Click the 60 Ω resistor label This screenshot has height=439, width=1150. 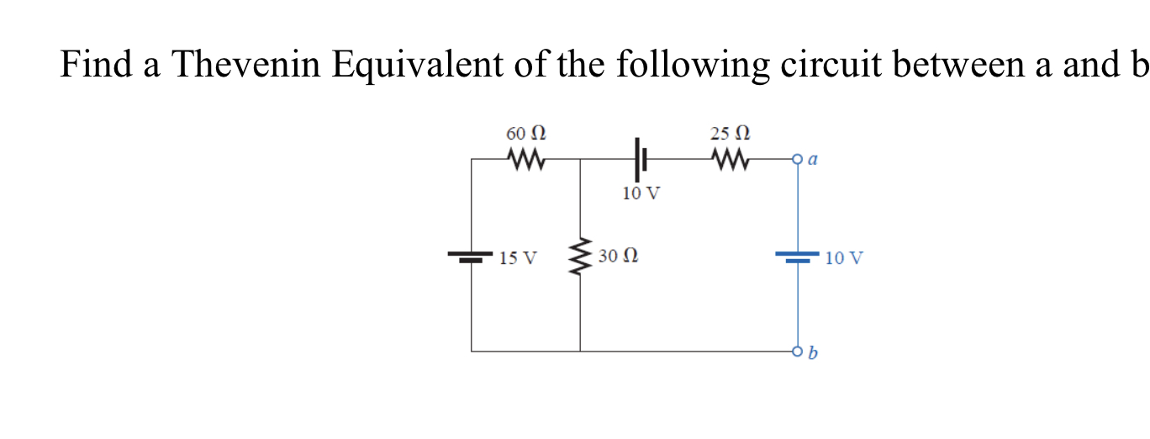(525, 134)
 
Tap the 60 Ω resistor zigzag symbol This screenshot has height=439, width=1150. (526, 158)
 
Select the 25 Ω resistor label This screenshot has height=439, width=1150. (729, 134)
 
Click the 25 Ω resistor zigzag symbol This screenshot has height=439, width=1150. (730, 158)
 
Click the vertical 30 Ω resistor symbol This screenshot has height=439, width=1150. (580, 256)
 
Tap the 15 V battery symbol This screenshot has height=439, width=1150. (471, 256)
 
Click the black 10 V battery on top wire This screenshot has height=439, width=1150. (640, 158)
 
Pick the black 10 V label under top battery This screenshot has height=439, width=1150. (641, 193)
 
